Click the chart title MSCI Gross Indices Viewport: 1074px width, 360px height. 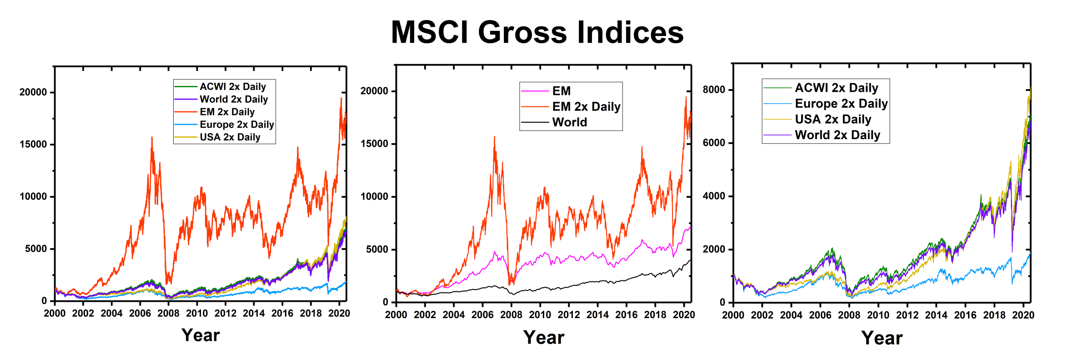[537, 33]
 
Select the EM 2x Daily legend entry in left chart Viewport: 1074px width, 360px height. [226, 112]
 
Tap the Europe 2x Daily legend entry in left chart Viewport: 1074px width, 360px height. [236, 125]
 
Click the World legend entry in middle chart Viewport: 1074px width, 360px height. [569, 122]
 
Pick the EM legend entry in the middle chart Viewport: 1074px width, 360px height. [561, 91]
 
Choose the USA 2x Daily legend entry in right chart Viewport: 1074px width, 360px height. [833, 120]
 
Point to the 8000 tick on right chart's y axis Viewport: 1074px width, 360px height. [714, 90]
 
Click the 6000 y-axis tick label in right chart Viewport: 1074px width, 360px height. [714, 143]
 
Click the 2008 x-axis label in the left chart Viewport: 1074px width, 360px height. [168, 313]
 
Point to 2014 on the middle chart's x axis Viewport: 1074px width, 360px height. [597, 315]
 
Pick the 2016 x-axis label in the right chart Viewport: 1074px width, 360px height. [965, 315]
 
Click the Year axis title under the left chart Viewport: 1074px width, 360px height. [201, 335]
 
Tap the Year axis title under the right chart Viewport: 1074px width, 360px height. [882, 338]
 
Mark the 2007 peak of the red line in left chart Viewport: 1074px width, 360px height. [152, 137]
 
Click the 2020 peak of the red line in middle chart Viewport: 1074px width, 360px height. [686, 97]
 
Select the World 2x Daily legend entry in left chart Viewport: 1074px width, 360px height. [233, 99]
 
